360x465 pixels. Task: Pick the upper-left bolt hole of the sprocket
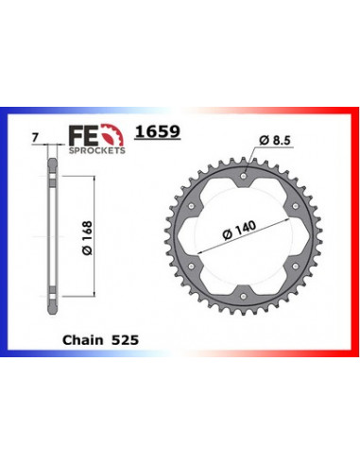[190, 205]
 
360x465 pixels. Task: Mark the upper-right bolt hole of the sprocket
[296, 205]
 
